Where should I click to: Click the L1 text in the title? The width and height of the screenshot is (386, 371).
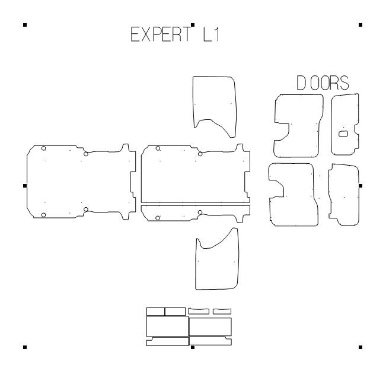211,34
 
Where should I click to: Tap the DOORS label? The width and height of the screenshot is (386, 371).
323,84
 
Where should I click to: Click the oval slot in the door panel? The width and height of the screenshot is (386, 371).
343,134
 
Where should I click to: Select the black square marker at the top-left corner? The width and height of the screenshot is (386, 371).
25,25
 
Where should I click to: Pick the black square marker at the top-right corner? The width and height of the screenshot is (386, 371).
361,25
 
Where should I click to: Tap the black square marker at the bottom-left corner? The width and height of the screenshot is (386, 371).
25,347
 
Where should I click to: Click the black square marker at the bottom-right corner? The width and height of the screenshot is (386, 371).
361,347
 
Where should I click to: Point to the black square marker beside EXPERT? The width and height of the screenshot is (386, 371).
193,25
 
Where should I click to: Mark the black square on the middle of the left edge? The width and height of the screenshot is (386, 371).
25,185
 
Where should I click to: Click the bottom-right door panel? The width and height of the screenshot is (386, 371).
344,194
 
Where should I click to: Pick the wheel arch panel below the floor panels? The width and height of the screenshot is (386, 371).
217,261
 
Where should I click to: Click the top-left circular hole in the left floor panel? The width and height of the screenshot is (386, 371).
43,148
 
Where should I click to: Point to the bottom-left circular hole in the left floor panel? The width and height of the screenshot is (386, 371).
43,214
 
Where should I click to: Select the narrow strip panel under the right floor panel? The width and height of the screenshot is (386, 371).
196,213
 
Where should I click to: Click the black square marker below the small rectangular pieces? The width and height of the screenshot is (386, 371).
193,347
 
